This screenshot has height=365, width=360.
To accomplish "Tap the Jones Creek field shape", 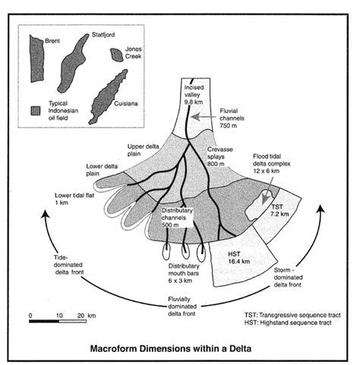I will click(116, 55).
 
